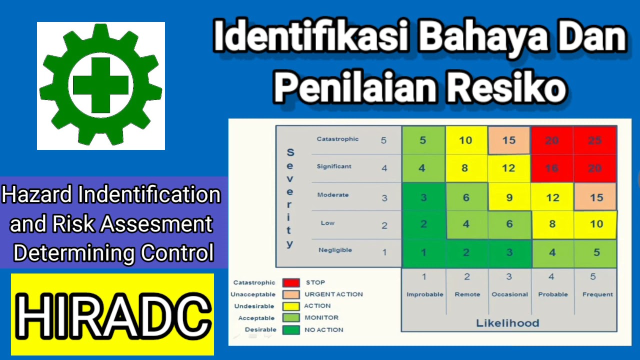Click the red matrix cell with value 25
point(595,140)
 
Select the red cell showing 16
point(551,168)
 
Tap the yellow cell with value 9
point(509,197)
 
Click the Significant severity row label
point(334,166)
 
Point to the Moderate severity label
point(333,195)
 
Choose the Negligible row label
point(335,250)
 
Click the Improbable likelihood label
point(424,294)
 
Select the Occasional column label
point(509,294)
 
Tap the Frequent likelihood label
point(597,294)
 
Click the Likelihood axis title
point(507,323)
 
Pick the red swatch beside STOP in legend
point(291,283)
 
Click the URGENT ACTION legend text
point(333,294)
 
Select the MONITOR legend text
point(321,317)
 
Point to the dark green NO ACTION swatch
point(291,330)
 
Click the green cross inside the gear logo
point(100,85)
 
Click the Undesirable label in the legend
point(254,306)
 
